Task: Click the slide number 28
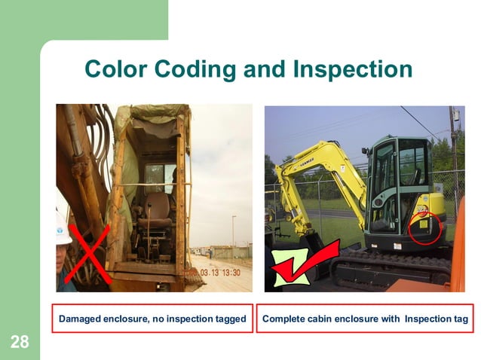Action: [x=20, y=343]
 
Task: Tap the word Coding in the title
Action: [x=198, y=69]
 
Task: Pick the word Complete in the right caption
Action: [x=283, y=320]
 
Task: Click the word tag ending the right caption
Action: [x=460, y=320]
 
